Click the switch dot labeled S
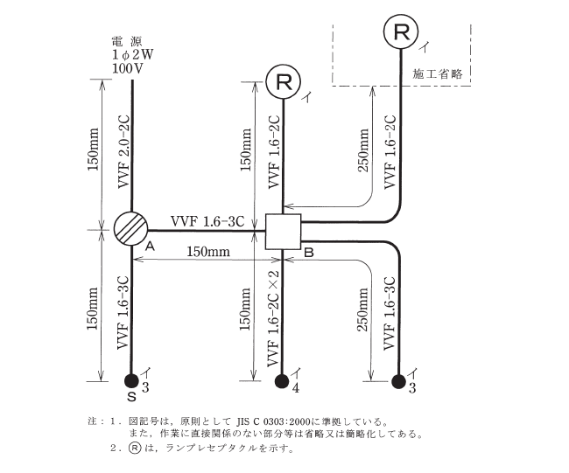click(x=132, y=380)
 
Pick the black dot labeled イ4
click(x=283, y=380)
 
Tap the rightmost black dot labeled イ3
click(x=400, y=380)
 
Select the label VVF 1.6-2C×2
click(x=273, y=316)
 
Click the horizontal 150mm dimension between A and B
click(x=207, y=252)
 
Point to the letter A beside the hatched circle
click(x=150, y=247)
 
